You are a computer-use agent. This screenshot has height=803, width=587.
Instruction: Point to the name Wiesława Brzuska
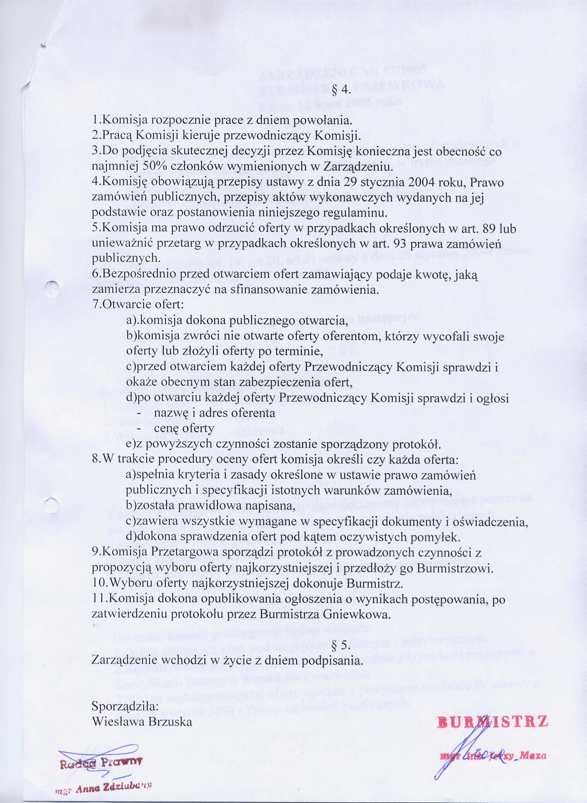(142, 722)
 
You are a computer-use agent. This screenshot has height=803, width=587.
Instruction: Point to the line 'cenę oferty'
(184, 429)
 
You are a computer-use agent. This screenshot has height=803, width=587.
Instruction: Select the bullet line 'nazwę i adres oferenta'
(214, 413)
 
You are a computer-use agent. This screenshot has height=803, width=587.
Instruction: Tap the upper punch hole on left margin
(53, 289)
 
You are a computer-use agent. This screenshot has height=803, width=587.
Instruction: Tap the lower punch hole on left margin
(52, 505)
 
